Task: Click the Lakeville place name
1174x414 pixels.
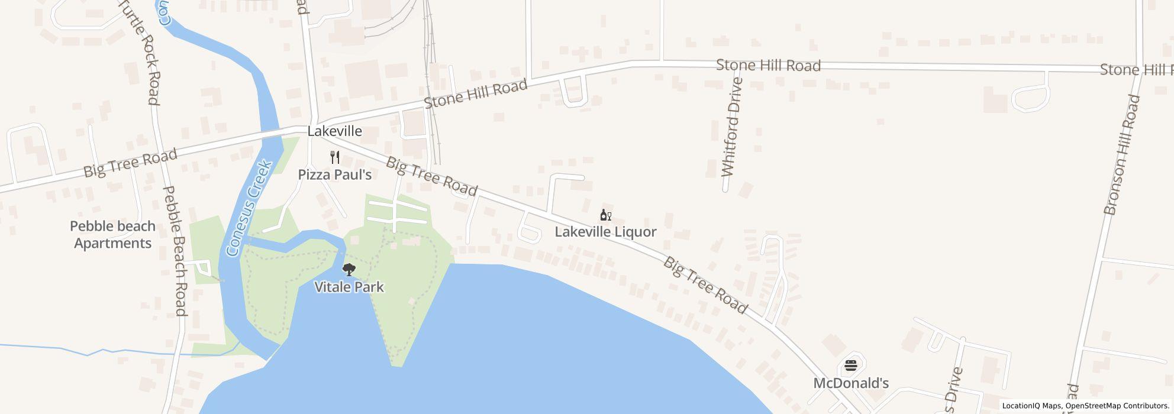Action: (334, 131)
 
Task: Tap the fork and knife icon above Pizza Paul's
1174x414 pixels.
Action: (335, 157)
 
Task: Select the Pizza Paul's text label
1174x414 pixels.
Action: (334, 174)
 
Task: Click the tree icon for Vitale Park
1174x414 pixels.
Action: (349, 270)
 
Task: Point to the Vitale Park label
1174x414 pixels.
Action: (349, 287)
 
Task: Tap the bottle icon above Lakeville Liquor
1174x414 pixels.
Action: (605, 215)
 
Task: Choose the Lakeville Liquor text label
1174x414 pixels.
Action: (605, 232)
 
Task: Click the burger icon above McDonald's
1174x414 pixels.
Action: (851, 366)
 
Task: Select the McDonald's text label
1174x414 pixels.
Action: (851, 383)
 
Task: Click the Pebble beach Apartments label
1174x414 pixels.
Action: (112, 235)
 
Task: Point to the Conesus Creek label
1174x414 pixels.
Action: (249, 208)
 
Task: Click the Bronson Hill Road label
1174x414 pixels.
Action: (1122, 155)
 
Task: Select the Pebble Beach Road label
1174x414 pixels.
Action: (175, 251)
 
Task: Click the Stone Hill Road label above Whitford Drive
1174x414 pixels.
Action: (768, 65)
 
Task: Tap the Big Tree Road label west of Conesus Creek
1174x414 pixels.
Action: (130, 163)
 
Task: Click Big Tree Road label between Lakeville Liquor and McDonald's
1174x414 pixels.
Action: (705, 285)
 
